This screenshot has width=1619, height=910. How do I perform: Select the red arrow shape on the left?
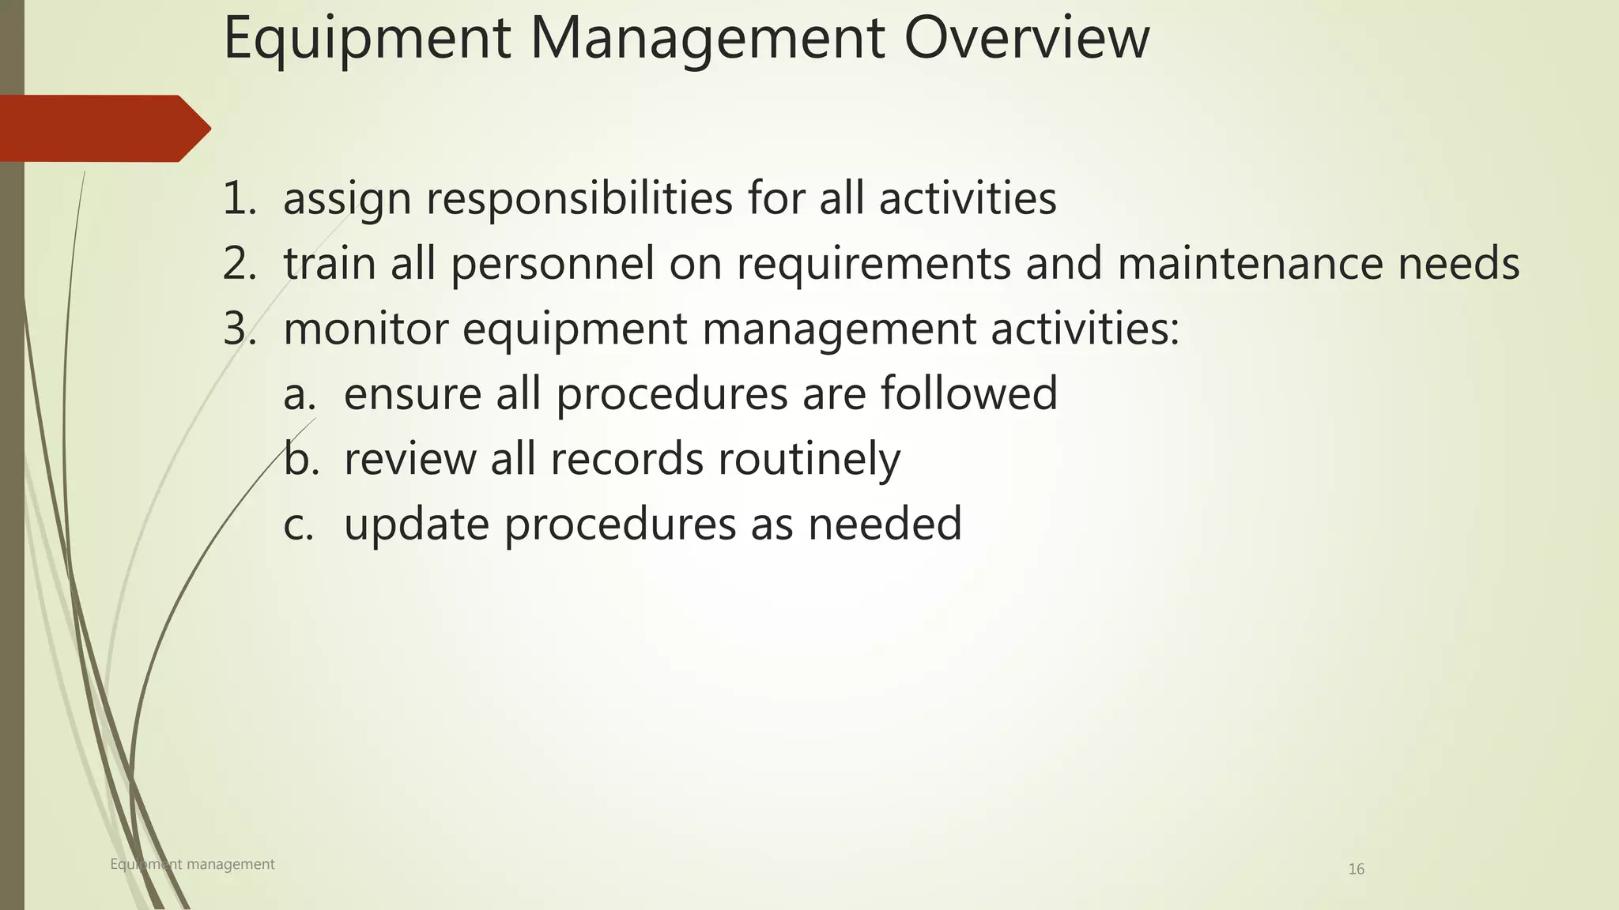tap(103, 128)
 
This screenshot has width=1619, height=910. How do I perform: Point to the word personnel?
tap(553, 264)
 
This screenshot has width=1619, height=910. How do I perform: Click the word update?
tap(417, 525)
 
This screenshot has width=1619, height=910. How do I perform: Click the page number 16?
tap(1356, 870)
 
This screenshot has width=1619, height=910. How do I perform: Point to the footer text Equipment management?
tap(192, 864)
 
